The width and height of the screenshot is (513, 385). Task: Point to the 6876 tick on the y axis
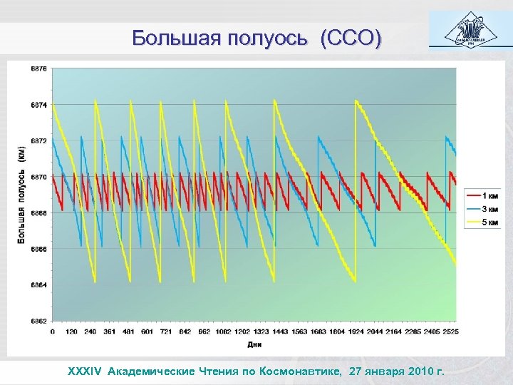tap(39, 69)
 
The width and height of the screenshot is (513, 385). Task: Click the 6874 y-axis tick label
tap(39, 105)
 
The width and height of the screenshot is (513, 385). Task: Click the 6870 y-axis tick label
tap(39, 177)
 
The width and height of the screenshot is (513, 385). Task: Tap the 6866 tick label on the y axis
tap(39, 249)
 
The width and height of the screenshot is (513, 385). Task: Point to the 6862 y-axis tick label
tap(39, 320)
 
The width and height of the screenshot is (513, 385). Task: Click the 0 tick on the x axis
tap(52, 332)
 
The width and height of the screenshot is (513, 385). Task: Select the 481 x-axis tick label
tap(130, 332)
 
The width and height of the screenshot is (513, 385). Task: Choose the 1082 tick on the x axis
tap(224, 332)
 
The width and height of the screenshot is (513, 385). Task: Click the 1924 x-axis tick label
tap(355, 332)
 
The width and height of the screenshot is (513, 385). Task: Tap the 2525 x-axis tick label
tap(450, 332)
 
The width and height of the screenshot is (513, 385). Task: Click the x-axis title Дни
tap(254, 344)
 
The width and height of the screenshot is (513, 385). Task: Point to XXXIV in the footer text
tap(85, 371)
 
